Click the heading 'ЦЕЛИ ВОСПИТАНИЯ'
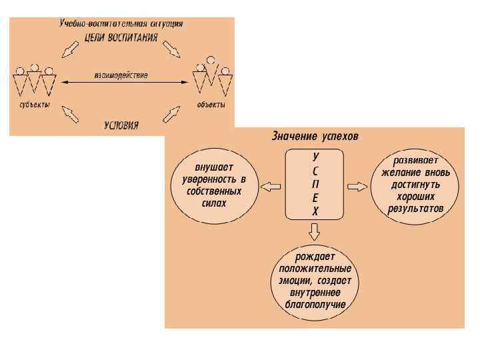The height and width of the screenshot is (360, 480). tap(122, 37)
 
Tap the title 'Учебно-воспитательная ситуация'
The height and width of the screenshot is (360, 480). tap(121, 23)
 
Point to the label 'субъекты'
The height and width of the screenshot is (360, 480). tap(33, 105)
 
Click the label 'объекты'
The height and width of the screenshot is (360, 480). tap(211, 105)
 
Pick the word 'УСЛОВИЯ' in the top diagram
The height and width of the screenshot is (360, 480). tap(121, 125)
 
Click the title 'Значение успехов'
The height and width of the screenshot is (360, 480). tap(314, 137)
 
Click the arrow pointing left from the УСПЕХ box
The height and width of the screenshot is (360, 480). tap(270, 186)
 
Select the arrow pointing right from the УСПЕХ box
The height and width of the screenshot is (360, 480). tap(358, 186)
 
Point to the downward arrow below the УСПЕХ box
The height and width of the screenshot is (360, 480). tap(315, 231)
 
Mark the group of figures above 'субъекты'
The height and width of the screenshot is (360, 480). tap(33, 81)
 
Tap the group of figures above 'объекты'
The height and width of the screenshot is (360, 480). tap(211, 79)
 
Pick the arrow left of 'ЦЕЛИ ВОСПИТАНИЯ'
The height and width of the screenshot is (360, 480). tap(69, 49)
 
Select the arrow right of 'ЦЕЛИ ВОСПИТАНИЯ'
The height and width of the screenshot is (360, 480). tap(171, 49)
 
